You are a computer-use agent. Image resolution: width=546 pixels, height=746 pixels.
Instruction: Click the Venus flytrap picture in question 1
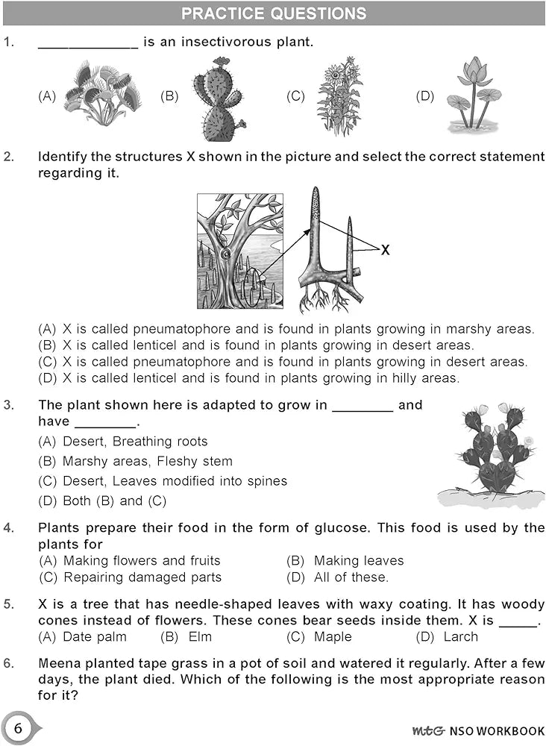(x=101, y=95)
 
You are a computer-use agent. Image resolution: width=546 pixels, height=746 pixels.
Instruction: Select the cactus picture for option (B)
(x=218, y=99)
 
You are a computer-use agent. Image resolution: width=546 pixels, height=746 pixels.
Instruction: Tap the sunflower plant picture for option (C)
(x=339, y=96)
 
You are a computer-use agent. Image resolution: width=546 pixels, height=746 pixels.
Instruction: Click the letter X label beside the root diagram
(x=385, y=251)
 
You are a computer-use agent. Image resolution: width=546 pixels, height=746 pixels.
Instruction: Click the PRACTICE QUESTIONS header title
(x=274, y=13)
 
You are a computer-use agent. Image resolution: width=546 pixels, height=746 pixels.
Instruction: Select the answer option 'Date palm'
(x=95, y=636)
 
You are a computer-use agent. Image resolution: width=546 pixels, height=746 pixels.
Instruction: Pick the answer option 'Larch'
(x=460, y=636)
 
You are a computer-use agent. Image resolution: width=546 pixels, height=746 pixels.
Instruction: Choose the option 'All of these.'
(x=351, y=577)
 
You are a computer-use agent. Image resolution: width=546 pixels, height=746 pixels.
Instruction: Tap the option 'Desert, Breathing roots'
(x=135, y=442)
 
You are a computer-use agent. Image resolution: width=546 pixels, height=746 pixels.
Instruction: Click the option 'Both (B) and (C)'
(x=114, y=501)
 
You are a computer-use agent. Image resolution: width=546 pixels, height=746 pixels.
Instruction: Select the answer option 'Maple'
(x=333, y=636)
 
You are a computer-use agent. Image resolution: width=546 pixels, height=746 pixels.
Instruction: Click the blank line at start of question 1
(x=88, y=43)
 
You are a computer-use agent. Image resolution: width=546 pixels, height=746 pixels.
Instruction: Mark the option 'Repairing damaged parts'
(x=142, y=577)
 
